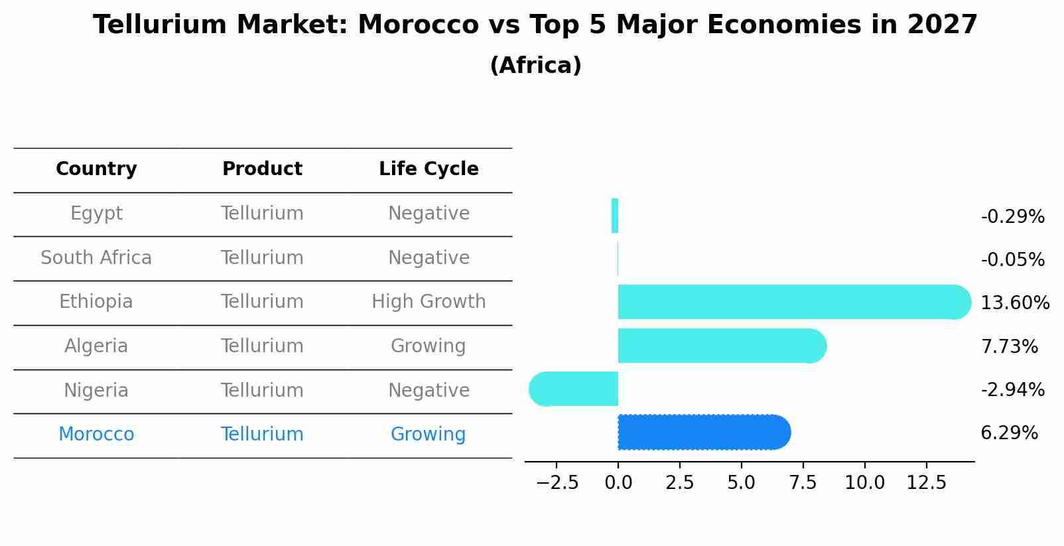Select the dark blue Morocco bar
[x=703, y=433]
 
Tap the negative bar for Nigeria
[x=574, y=389]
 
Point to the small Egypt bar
[x=615, y=216]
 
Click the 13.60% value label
[x=1014, y=303]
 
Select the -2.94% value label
[x=1012, y=390]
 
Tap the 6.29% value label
[x=1009, y=433]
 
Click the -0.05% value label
[x=1012, y=260]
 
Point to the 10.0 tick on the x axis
[x=864, y=483]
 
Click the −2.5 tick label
[x=557, y=483]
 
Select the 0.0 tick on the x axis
[x=618, y=483]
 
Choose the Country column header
[x=96, y=169]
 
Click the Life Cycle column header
[x=429, y=169]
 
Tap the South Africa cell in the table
[x=96, y=258]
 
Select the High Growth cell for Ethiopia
[x=429, y=302]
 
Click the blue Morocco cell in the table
[x=96, y=435]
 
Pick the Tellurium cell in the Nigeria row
[x=262, y=390]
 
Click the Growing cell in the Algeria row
[x=429, y=346]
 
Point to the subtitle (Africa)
[x=535, y=66]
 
